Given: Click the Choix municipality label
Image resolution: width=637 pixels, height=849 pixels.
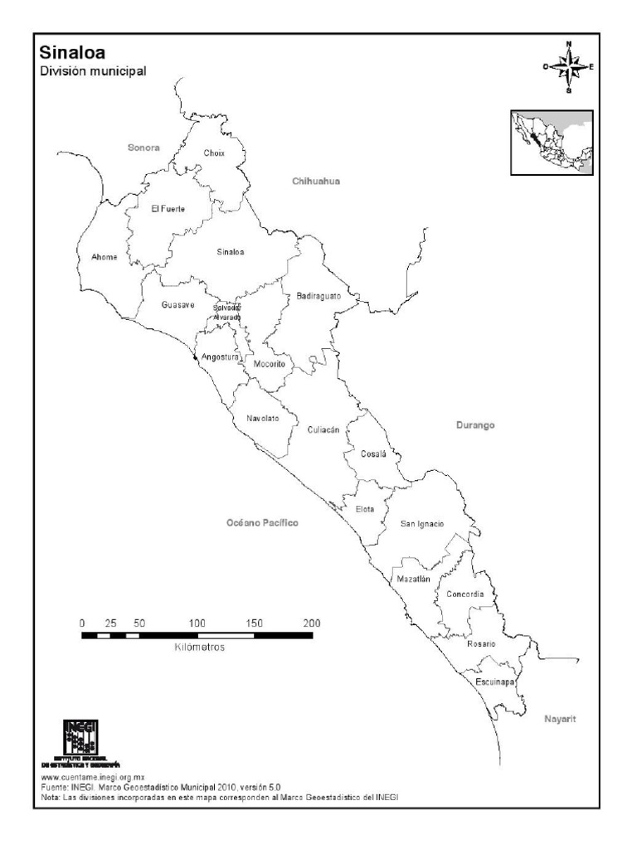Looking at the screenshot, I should [x=214, y=153].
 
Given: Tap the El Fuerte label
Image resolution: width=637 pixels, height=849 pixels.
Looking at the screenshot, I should [x=168, y=209].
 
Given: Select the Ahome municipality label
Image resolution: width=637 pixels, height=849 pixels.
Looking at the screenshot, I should [x=105, y=257].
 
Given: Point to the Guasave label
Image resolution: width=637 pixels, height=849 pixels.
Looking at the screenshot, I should [x=177, y=305].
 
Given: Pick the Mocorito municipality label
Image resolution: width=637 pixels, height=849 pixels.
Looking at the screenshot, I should [x=270, y=365].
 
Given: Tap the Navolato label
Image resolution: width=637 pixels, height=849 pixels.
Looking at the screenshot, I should [x=262, y=419].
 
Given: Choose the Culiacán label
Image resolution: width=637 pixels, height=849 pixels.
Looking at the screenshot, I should [x=323, y=430].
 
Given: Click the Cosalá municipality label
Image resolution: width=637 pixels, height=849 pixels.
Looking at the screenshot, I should [x=373, y=454].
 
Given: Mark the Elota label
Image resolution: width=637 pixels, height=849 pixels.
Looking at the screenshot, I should [x=365, y=509].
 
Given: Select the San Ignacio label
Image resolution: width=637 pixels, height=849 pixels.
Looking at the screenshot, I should [x=422, y=524].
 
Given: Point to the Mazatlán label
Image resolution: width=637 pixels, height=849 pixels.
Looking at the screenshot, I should [x=413, y=580].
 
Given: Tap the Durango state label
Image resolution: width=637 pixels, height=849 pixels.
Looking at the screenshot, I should [x=475, y=425].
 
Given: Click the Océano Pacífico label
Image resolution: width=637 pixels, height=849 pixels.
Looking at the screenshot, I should [x=261, y=524].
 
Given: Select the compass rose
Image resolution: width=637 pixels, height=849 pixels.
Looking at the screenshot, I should [x=568, y=67].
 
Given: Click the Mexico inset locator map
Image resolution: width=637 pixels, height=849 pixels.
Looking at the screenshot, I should [x=551, y=143].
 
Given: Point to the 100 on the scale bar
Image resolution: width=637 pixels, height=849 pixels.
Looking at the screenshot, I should [x=197, y=623].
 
